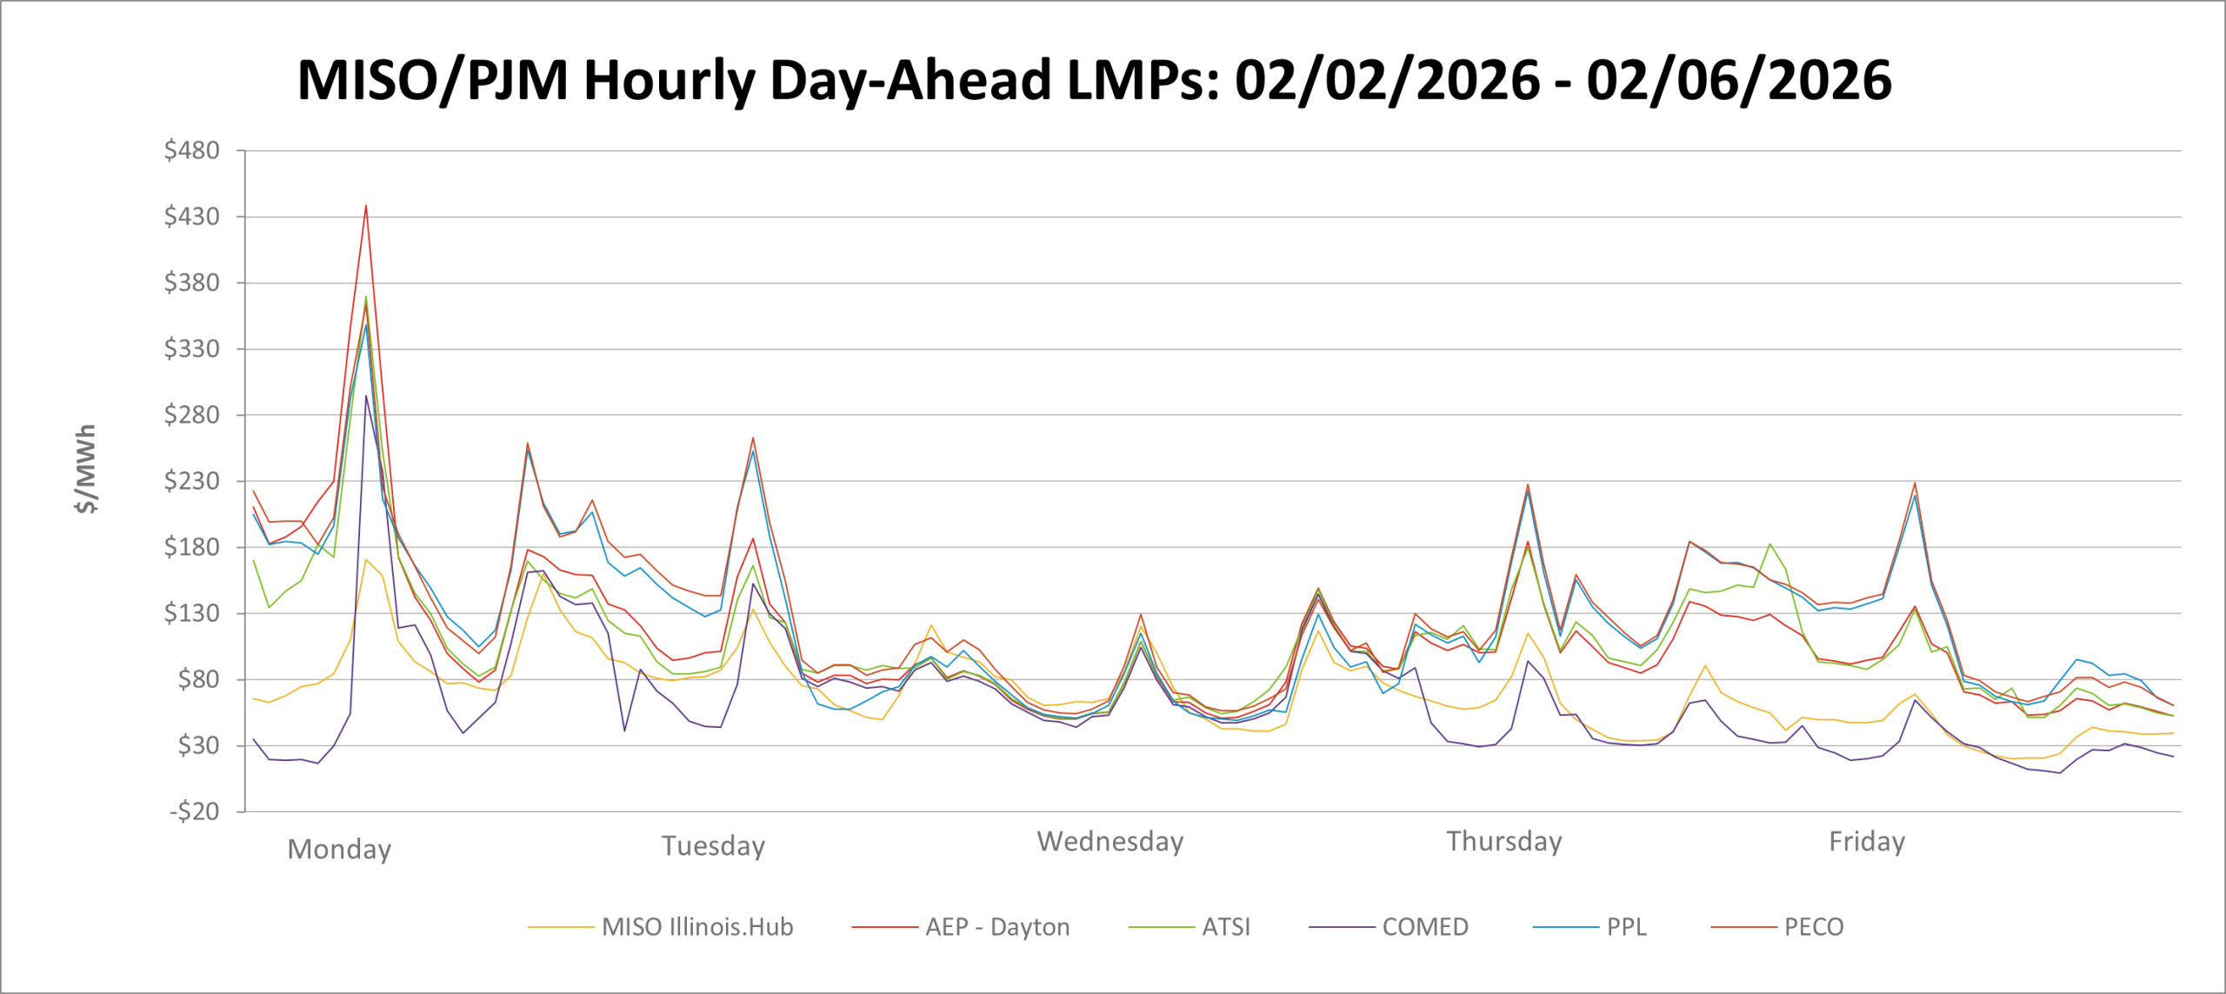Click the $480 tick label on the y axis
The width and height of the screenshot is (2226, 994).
click(x=191, y=150)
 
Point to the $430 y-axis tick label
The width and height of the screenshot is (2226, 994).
click(x=191, y=217)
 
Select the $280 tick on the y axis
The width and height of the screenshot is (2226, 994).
click(x=191, y=415)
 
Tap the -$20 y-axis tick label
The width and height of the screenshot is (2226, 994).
click(x=194, y=811)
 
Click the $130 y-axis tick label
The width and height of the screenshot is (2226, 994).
click(x=191, y=613)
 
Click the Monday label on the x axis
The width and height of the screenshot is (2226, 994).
click(x=339, y=849)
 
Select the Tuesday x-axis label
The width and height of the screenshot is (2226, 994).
click(x=713, y=845)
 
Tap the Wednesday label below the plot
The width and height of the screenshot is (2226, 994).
click(x=1110, y=841)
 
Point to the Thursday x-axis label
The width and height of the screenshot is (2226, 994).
click(x=1504, y=841)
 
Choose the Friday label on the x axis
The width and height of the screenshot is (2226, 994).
click(x=1867, y=841)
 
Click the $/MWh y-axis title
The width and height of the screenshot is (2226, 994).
click(x=86, y=469)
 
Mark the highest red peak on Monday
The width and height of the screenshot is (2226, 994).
click(x=366, y=206)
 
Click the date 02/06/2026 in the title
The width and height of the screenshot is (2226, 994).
click(x=1738, y=80)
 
